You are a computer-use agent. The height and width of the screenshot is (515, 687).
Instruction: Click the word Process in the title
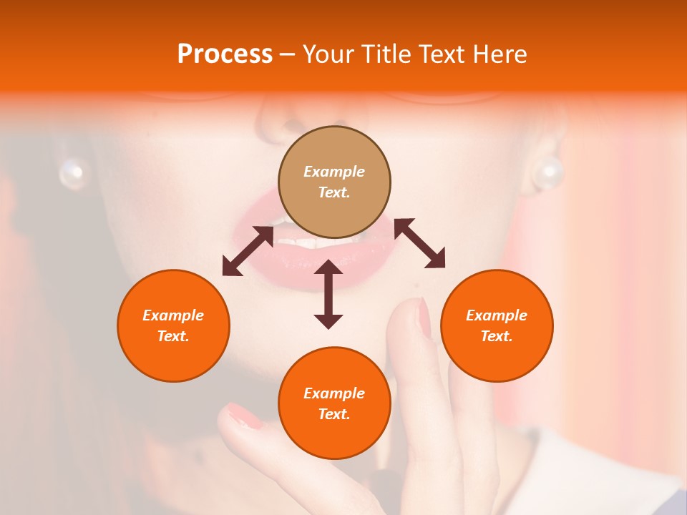click(225, 54)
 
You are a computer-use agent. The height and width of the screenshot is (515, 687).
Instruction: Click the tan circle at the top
click(334, 182)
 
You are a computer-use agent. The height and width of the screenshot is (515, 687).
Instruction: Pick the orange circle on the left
click(173, 325)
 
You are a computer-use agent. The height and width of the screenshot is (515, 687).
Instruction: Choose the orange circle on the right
click(497, 325)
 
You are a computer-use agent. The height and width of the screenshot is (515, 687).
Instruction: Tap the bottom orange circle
click(334, 403)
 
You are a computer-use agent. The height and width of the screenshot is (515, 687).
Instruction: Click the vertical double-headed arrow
click(328, 294)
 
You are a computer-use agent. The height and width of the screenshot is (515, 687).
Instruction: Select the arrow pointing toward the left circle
click(248, 251)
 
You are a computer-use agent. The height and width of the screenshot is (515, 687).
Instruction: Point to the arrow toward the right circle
click(420, 243)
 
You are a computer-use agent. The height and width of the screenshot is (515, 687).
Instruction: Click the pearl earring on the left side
click(72, 172)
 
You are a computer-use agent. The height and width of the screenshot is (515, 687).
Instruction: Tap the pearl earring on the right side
click(549, 172)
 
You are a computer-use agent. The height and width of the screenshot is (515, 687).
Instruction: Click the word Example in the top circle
click(334, 172)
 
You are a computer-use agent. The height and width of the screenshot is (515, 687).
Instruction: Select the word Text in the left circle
click(173, 336)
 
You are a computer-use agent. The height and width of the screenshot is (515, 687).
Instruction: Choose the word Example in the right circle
click(497, 315)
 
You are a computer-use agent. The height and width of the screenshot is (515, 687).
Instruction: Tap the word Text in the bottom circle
click(334, 414)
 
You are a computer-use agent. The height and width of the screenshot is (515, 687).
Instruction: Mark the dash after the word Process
click(287, 54)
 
